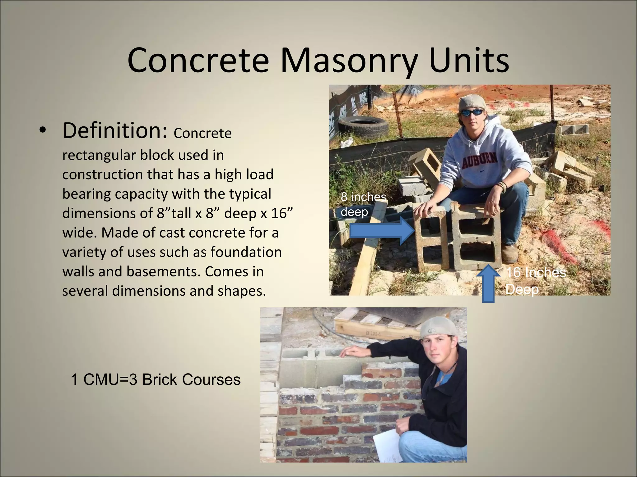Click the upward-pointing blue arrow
click(489, 284)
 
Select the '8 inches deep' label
click(363, 204)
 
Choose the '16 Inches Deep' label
click(536, 281)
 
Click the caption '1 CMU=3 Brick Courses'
click(156, 379)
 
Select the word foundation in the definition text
click(246, 252)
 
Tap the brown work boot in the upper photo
click(509, 254)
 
